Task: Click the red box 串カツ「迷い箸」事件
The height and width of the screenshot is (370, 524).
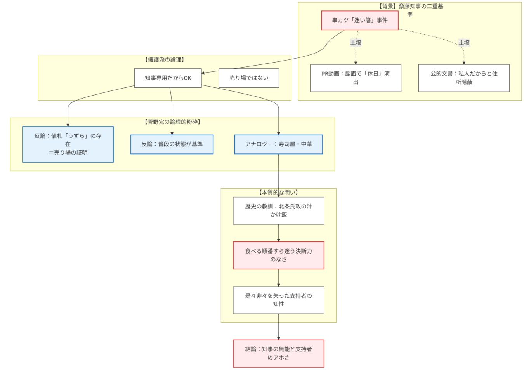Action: pos(359,20)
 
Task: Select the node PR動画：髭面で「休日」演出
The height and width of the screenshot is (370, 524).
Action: pos(356,78)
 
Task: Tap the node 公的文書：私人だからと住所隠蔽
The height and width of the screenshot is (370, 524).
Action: pos(463,78)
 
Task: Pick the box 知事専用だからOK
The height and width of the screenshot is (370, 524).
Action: pos(168,78)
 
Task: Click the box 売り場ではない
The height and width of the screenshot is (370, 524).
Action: pos(249,78)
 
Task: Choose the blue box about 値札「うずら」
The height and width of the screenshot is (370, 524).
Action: pos(68,144)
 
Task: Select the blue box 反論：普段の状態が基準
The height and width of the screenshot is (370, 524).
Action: pos(172,144)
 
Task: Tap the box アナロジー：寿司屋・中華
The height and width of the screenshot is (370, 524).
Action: pos(278,144)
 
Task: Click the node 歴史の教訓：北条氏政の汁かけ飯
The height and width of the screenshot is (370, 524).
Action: pos(278,210)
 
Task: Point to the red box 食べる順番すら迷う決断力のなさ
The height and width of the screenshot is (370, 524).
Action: pos(278,255)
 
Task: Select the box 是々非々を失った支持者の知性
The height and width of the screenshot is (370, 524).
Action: pos(278,300)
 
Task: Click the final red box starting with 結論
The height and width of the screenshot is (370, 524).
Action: pos(278,353)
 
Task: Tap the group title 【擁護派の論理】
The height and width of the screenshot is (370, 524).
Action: pos(165,60)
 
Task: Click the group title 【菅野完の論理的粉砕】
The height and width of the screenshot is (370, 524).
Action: pos(172,122)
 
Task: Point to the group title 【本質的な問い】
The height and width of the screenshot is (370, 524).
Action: pos(278,193)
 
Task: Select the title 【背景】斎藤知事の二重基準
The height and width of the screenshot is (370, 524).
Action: pos(410,7)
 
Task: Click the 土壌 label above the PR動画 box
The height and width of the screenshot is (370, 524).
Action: pos(356,43)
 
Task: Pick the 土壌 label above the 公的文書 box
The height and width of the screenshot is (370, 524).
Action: pos(464,43)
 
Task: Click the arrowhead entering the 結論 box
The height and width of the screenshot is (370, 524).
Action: pos(278,338)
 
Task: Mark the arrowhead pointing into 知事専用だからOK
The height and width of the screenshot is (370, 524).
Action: pos(203,73)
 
